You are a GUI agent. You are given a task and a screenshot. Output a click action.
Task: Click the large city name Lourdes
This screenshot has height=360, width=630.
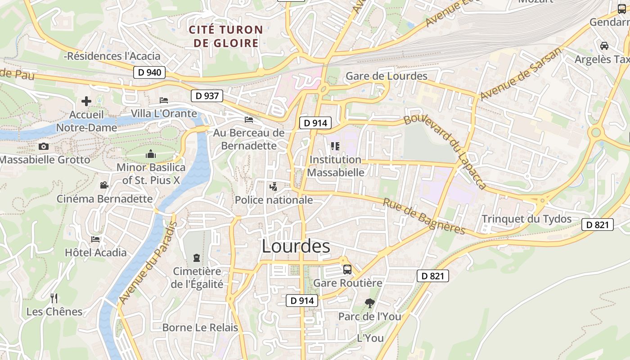296,247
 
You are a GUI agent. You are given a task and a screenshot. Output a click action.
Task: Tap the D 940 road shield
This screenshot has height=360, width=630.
149,72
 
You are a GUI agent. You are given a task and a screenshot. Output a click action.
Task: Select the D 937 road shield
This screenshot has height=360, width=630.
207,95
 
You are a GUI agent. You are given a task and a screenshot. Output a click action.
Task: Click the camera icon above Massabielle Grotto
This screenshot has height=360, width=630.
44,146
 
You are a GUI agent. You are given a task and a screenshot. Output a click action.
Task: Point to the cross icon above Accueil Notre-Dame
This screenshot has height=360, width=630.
86,101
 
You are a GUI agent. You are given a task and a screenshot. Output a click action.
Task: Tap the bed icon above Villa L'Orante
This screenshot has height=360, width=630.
164,100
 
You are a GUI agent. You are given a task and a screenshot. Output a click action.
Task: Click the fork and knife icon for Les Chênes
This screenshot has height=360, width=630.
54,298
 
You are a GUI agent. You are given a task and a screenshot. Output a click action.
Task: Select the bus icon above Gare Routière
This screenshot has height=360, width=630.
347,270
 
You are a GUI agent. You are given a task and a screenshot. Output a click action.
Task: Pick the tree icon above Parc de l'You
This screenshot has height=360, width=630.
370,303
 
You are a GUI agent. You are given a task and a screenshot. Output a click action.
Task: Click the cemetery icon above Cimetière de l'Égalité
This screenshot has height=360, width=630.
197,258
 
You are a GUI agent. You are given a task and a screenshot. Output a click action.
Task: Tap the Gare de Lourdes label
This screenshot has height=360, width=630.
386,76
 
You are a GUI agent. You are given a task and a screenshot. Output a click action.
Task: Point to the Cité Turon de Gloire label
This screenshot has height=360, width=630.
226,36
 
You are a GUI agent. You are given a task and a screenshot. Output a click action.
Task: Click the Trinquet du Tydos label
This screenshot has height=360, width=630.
526,219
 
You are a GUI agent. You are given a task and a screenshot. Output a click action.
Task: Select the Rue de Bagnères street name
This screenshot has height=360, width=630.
424,216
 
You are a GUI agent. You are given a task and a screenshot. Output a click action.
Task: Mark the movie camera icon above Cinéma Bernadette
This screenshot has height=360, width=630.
104,185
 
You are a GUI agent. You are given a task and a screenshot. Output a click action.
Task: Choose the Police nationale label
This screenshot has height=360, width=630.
274,200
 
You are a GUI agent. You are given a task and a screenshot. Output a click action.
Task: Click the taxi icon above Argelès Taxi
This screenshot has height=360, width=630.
604,45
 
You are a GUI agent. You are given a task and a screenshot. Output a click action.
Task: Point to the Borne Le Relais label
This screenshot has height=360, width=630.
200,328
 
